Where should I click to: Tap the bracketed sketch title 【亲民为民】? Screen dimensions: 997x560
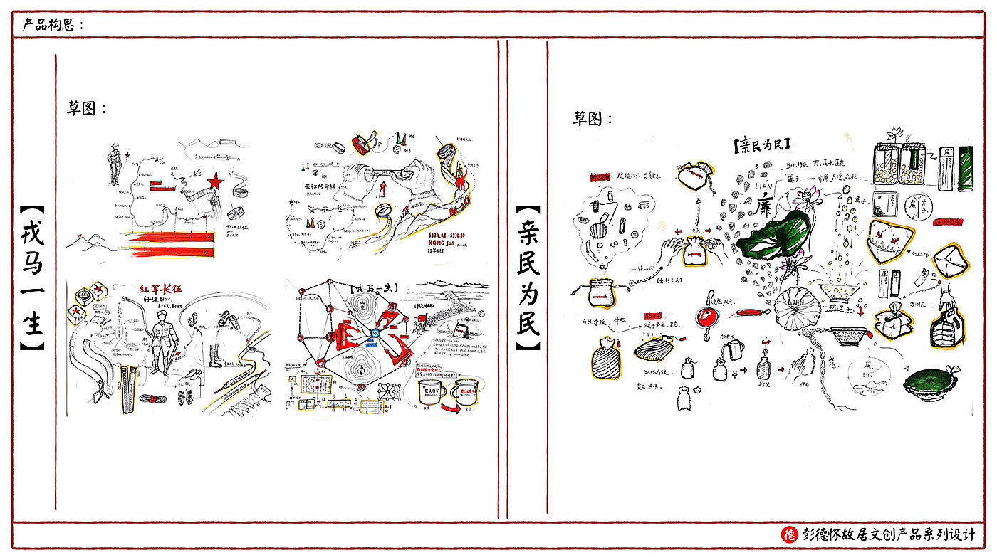pos(761,145)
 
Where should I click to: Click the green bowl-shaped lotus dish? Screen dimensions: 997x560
pos(930,385)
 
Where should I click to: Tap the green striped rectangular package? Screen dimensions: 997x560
pos(966,168)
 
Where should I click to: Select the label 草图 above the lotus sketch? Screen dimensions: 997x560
pos(593,119)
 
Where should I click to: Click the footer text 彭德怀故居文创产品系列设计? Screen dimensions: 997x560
pos(888,534)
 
